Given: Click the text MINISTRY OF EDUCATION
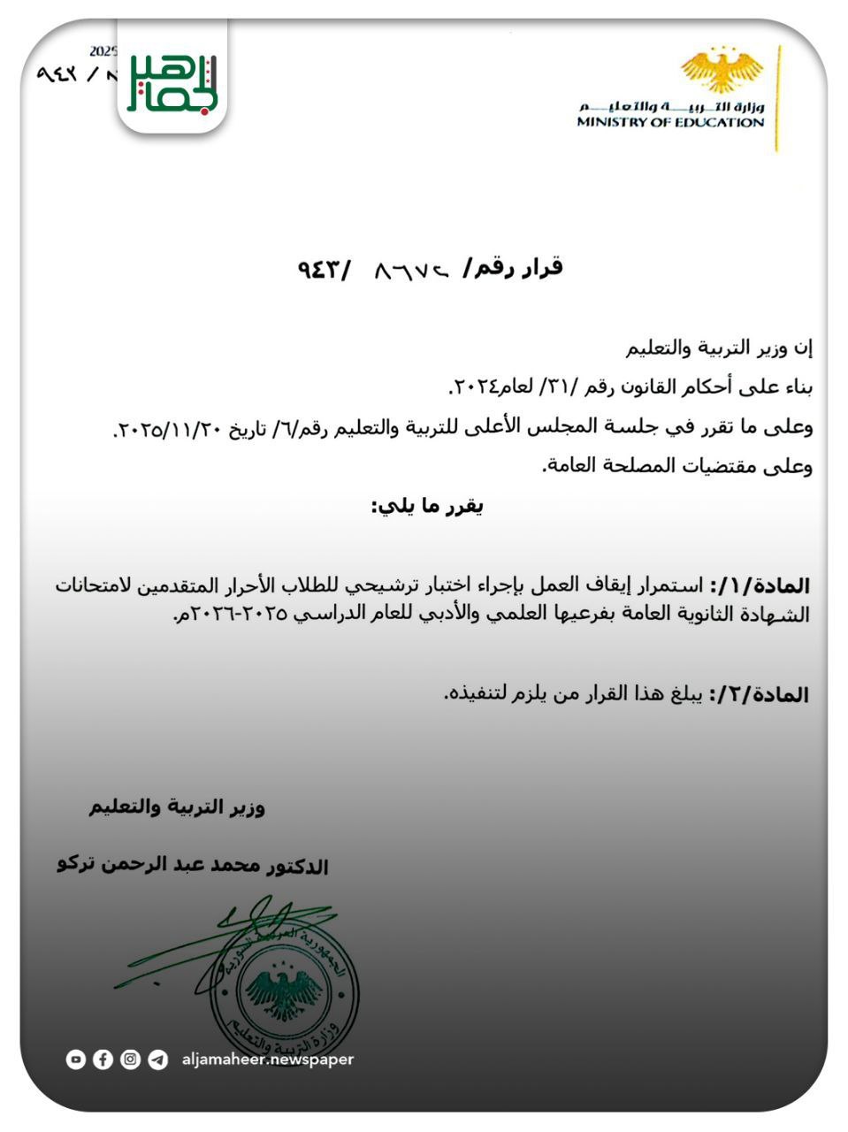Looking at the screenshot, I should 670,123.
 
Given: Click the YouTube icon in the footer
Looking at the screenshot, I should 76,1059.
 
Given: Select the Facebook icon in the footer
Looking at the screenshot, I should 103,1059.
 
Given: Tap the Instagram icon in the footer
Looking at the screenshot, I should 130,1059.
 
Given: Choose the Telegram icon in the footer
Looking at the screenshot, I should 158,1059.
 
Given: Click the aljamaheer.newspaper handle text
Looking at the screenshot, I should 267,1059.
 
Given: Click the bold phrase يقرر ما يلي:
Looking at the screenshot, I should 427,507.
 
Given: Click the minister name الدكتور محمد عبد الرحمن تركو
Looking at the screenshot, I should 192,866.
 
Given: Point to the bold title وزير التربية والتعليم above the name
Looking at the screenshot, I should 177,807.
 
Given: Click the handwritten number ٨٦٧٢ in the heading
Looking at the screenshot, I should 411,269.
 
